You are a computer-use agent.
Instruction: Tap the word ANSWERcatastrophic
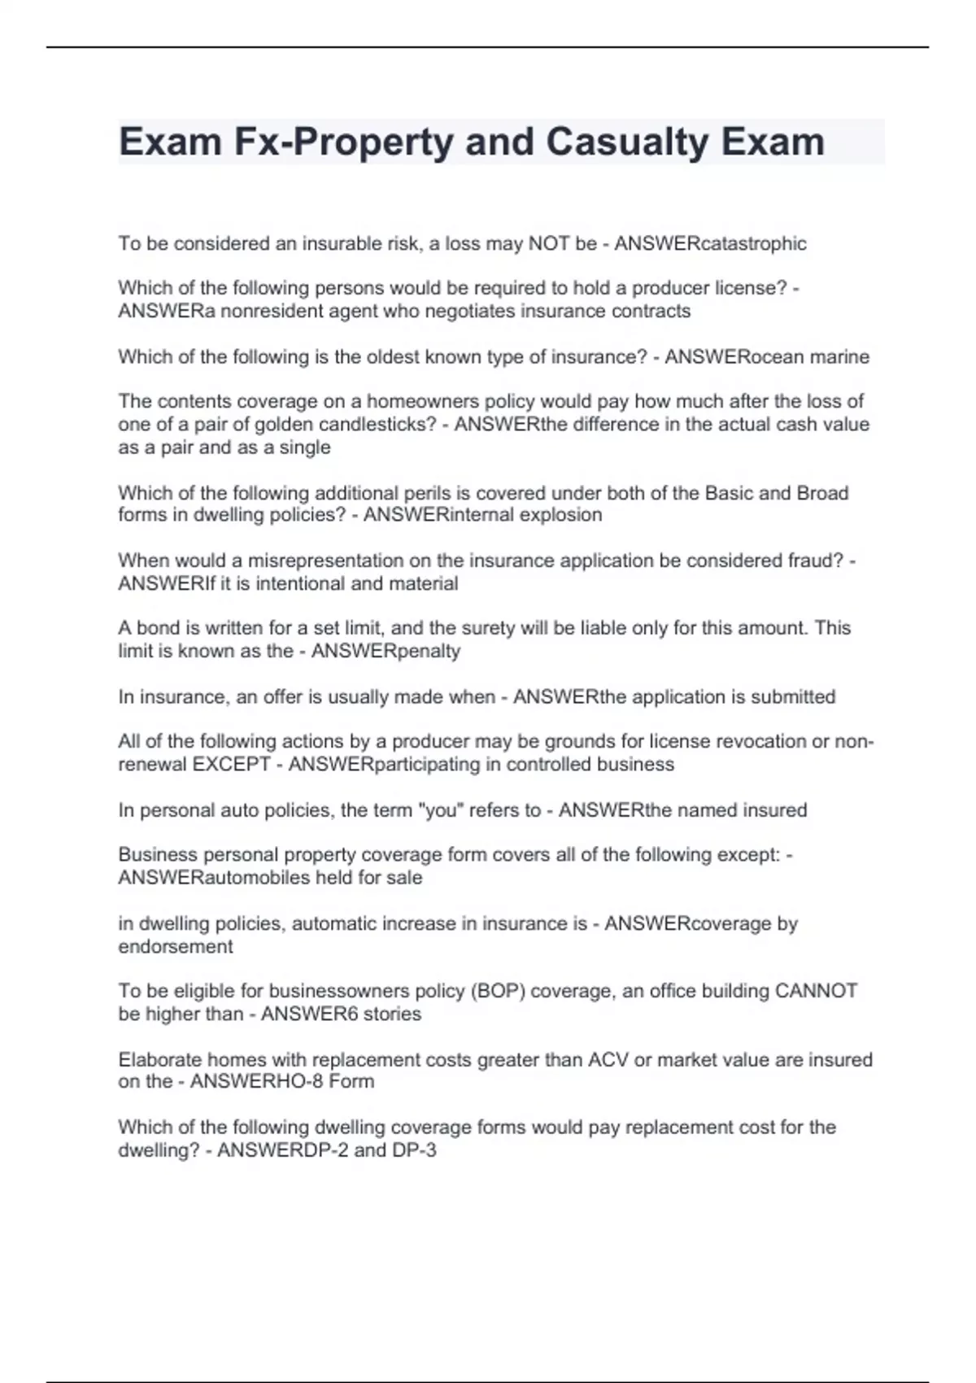(x=710, y=243)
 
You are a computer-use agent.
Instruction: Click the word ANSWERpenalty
(x=386, y=651)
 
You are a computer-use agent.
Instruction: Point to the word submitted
(x=793, y=697)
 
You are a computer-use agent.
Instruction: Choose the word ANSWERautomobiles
(x=214, y=878)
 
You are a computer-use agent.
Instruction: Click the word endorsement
(x=175, y=947)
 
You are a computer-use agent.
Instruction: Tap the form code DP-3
(x=415, y=1150)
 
